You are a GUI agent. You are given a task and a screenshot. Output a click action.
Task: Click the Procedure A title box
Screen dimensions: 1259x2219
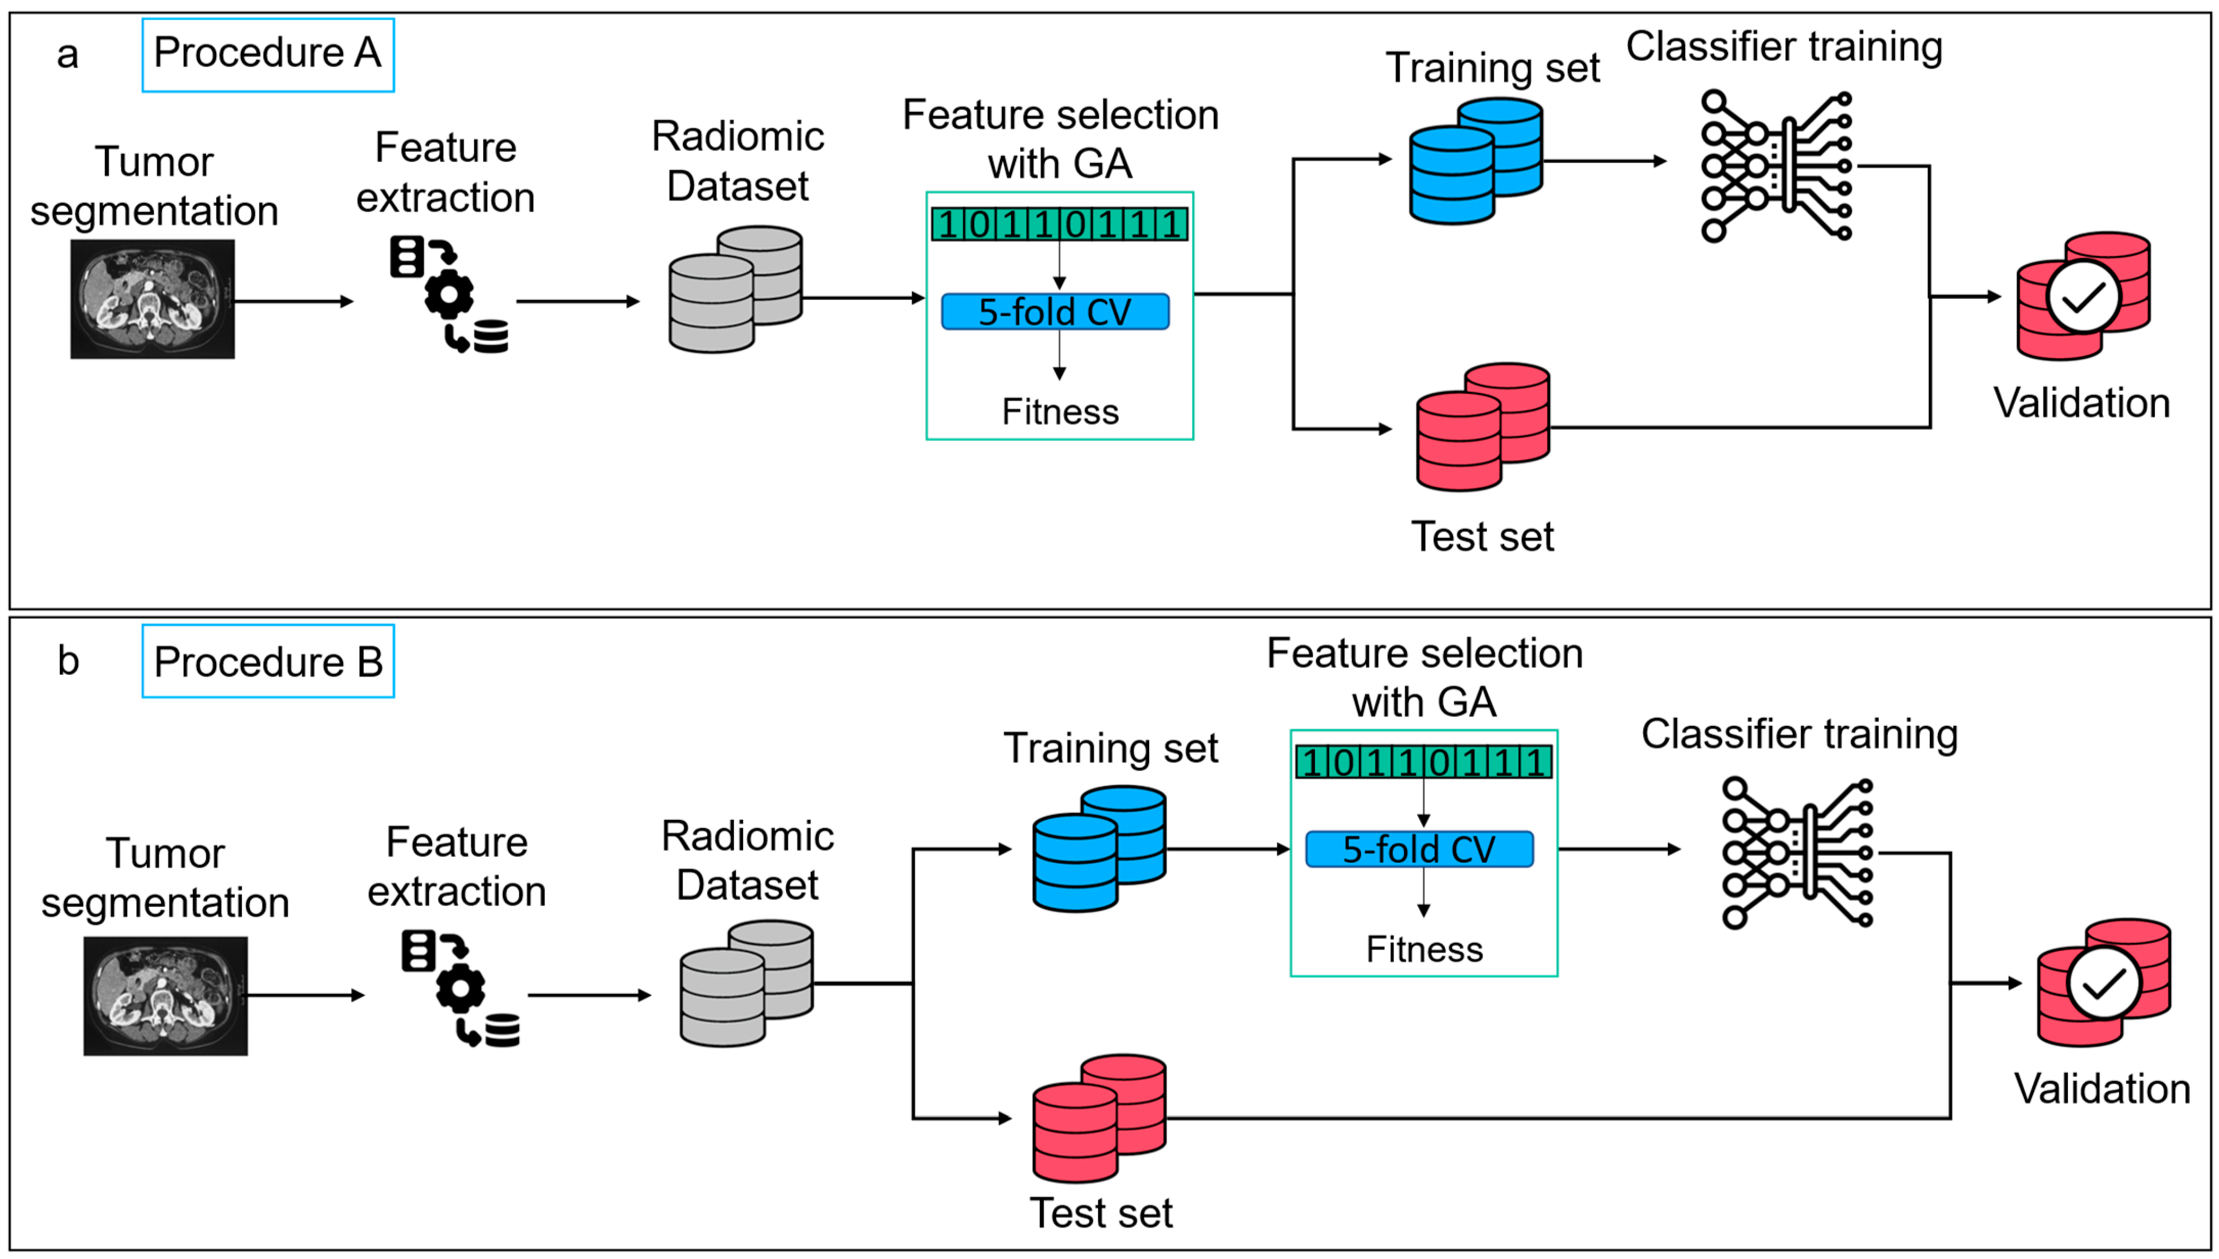coord(267,54)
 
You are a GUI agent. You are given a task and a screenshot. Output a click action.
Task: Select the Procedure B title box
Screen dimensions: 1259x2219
coord(267,661)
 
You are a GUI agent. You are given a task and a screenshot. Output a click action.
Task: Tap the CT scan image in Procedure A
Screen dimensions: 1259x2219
coord(152,299)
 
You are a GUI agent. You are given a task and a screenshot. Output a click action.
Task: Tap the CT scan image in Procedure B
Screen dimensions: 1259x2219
coord(165,995)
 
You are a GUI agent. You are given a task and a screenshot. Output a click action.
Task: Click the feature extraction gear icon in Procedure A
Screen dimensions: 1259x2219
coord(449,294)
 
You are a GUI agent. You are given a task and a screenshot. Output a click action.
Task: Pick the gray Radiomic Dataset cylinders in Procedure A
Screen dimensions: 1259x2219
coord(735,290)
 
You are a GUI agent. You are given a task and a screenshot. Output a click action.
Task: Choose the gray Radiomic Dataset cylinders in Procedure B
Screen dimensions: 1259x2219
coord(746,984)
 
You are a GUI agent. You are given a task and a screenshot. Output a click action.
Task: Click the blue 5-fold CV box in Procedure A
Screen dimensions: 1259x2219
coord(1055,312)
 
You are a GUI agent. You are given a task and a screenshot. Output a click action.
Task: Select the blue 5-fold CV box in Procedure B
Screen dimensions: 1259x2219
coord(1419,849)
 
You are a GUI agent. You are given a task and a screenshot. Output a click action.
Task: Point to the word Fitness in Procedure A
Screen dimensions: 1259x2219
coord(1060,411)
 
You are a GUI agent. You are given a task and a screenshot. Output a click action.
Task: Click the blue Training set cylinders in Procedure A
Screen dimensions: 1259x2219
coord(1475,162)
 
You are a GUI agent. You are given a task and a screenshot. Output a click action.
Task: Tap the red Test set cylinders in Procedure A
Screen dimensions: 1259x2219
coord(1482,427)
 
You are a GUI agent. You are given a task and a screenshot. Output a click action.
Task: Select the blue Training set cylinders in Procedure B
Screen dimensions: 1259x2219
coord(1099,849)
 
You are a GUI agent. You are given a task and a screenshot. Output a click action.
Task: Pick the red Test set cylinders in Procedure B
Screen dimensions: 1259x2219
coord(1099,1118)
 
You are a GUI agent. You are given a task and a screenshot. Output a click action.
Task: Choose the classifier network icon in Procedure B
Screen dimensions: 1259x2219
coord(1797,854)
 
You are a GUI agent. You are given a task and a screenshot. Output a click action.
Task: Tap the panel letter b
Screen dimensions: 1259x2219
coord(68,661)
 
